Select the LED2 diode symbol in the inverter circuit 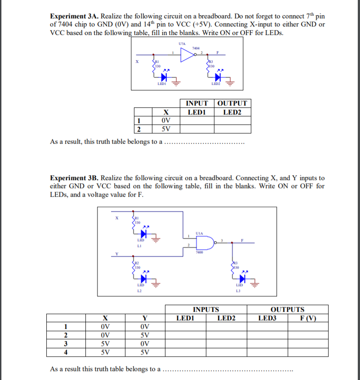tap(218, 76)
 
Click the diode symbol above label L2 tap(144, 279)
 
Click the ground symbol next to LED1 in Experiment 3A tap(177, 82)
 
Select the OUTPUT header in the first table tap(232, 103)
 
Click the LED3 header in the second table tap(268, 318)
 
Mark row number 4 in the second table tap(66, 352)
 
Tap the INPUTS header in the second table tap(206, 309)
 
